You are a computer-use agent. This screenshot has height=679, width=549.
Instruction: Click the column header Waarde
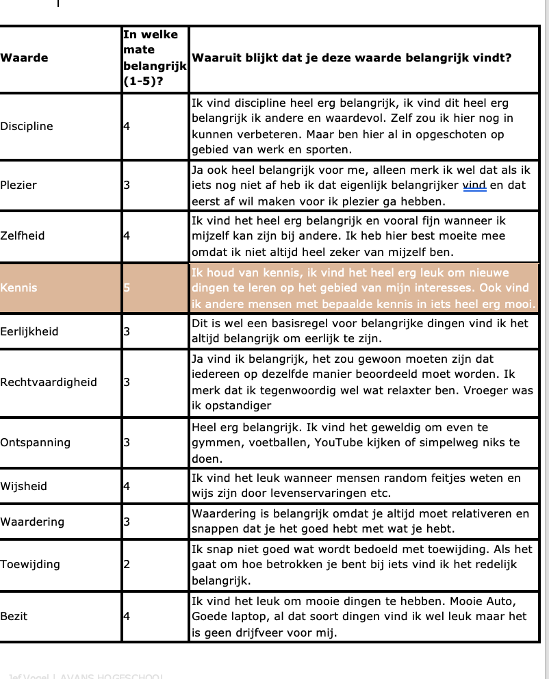point(24,57)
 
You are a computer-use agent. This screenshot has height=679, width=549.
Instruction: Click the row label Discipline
point(27,126)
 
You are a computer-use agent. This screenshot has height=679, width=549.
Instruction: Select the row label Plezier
point(18,185)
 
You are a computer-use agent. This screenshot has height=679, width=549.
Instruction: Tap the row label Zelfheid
point(23,235)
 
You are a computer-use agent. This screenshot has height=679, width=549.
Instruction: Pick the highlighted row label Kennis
point(18,287)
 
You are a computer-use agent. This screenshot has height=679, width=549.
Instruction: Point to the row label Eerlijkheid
point(29,331)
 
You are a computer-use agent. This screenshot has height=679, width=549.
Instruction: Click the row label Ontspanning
point(35,442)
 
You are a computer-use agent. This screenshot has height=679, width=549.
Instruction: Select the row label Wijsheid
point(24,486)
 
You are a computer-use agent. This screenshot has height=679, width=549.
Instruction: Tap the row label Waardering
point(32,522)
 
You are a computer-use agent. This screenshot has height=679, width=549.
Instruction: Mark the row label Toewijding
point(30,564)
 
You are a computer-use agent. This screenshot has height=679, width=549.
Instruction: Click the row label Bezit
point(14,616)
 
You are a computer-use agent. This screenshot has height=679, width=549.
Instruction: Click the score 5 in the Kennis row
point(127,287)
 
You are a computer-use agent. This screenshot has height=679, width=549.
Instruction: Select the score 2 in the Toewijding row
point(127,564)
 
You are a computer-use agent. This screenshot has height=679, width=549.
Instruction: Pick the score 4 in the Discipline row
point(127,126)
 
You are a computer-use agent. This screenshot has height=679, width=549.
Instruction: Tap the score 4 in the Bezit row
point(127,616)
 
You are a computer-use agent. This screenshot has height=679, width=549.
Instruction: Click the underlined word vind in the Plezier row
point(474,185)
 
